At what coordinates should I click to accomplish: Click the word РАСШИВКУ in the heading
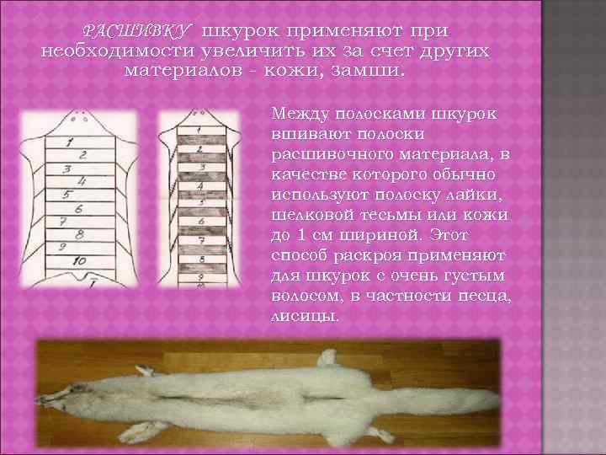click(x=136, y=31)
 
